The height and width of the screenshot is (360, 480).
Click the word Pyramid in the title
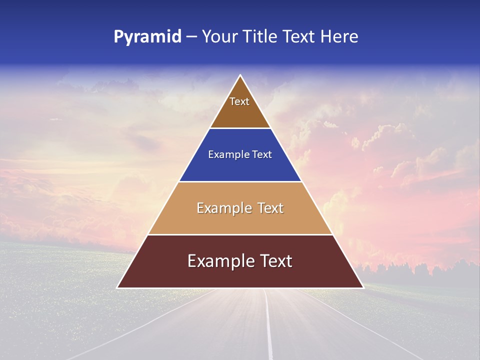coord(147,37)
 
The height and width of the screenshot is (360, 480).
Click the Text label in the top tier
coord(239,101)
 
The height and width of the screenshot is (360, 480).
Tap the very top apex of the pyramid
coord(240,75)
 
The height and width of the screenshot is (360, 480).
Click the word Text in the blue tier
coord(262,155)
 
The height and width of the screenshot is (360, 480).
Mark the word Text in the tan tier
coord(270,208)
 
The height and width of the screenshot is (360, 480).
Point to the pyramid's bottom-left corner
coord(117,287)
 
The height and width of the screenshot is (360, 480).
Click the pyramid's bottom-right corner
coord(363,287)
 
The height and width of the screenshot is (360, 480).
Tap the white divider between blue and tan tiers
coord(240,181)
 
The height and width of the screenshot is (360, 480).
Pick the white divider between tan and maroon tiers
coord(240,234)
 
